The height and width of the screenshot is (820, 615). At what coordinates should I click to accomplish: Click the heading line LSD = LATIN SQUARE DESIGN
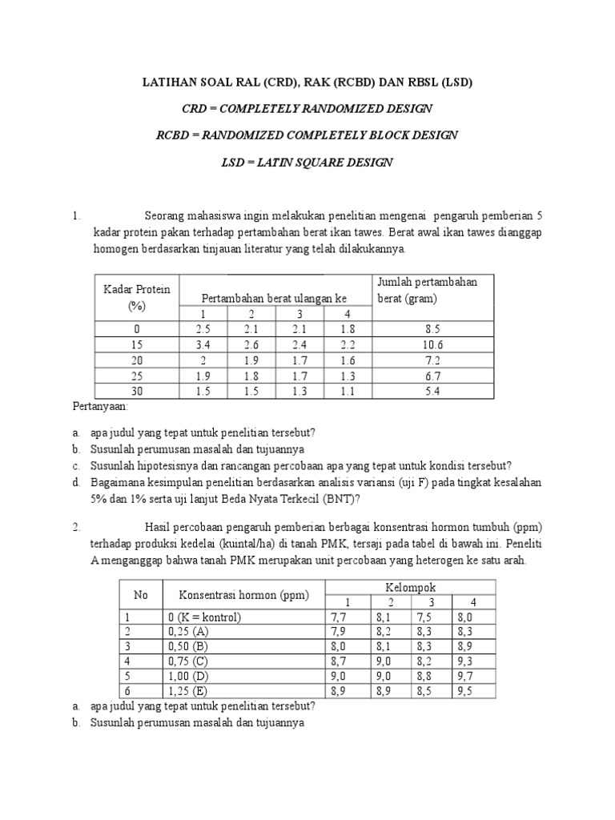(307, 162)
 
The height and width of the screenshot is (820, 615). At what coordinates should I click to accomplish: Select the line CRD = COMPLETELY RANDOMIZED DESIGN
(307, 108)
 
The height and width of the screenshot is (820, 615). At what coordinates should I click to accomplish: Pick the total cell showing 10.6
(433, 344)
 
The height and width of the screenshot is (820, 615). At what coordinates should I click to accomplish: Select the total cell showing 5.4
(433, 391)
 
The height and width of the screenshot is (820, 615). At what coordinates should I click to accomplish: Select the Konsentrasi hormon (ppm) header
(243, 594)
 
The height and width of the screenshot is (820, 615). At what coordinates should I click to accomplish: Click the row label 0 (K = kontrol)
(204, 617)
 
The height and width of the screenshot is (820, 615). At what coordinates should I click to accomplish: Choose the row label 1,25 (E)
(189, 690)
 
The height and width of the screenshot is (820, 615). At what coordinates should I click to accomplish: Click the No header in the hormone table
(140, 594)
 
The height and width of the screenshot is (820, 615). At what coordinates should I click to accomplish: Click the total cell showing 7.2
(433, 360)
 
